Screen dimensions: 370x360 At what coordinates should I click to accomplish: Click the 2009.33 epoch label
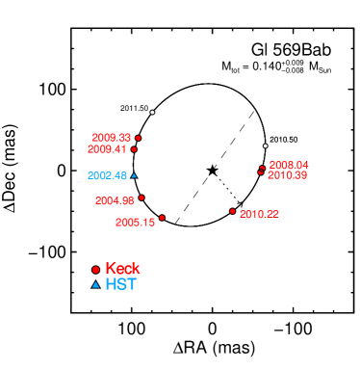[x=111, y=138]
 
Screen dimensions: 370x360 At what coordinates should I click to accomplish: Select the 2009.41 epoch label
[x=106, y=149]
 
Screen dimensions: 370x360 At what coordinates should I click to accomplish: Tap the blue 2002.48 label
[x=107, y=175]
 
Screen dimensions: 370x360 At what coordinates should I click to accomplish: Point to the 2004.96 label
[x=115, y=200]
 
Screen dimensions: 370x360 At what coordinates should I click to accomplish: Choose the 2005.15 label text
[x=135, y=222]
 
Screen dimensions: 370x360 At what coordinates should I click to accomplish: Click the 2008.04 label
[x=288, y=165]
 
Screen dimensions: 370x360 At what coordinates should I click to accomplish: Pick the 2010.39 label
[x=287, y=174]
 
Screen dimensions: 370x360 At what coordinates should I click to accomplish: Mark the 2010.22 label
[x=259, y=213]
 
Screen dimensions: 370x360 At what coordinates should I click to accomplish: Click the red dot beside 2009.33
[x=138, y=138]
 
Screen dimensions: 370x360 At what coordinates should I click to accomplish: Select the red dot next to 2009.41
[x=134, y=149]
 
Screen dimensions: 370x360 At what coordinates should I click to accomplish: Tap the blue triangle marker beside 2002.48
[x=134, y=175]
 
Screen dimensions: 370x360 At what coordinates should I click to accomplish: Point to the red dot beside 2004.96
[x=141, y=198]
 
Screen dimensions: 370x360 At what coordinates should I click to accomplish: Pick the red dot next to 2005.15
[x=162, y=218]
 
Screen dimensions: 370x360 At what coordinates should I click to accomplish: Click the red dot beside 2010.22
[x=232, y=211]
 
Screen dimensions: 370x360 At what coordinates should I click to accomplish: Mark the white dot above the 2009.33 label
[x=152, y=113]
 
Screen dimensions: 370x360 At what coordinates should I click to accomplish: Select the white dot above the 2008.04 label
[x=265, y=145]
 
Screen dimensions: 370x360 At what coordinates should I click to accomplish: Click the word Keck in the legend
[x=122, y=269]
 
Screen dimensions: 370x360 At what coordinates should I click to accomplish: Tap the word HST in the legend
[x=120, y=284]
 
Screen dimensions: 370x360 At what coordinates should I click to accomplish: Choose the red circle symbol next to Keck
[x=95, y=270]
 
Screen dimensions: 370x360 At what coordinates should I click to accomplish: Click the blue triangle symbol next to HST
[x=95, y=285]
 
